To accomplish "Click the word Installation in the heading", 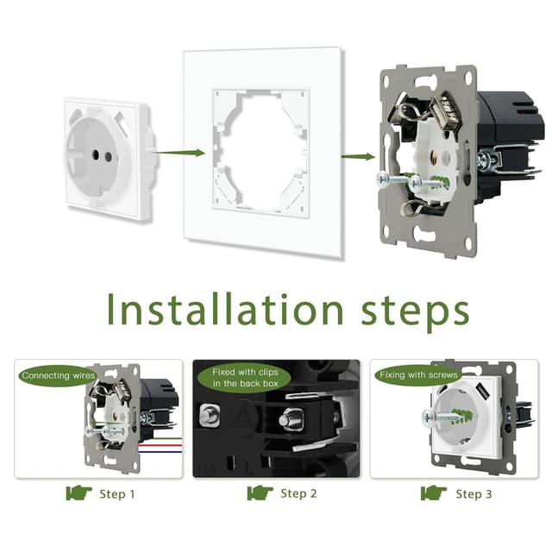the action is (x=225, y=309).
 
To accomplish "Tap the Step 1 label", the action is (x=117, y=494).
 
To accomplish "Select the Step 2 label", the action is (x=298, y=493).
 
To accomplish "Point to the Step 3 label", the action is (x=474, y=494).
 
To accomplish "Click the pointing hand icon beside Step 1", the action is (x=78, y=492).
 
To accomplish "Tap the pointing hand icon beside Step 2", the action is (x=260, y=492).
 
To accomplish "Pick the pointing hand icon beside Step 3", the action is (x=434, y=492).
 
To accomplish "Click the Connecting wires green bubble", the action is (x=58, y=376).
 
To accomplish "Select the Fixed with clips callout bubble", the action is (x=245, y=378).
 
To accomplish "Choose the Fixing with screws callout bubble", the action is (x=418, y=375).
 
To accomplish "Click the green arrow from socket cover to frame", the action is (x=180, y=153).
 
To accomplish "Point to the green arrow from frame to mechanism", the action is (x=358, y=156).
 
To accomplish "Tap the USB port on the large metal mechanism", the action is (x=445, y=114).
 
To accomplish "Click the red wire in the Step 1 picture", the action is (x=160, y=445).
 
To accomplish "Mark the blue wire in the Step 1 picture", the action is (x=160, y=451).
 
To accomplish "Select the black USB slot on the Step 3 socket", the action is (x=481, y=389).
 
